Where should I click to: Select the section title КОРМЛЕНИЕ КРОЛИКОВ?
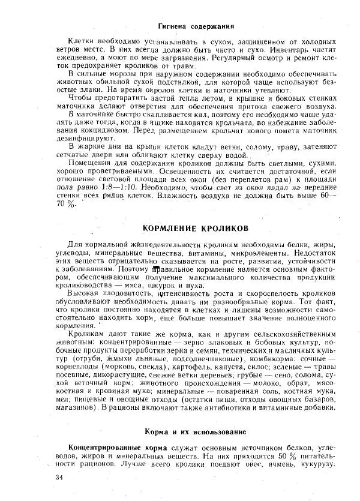(x=195, y=229)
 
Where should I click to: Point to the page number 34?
(x=58, y=477)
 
